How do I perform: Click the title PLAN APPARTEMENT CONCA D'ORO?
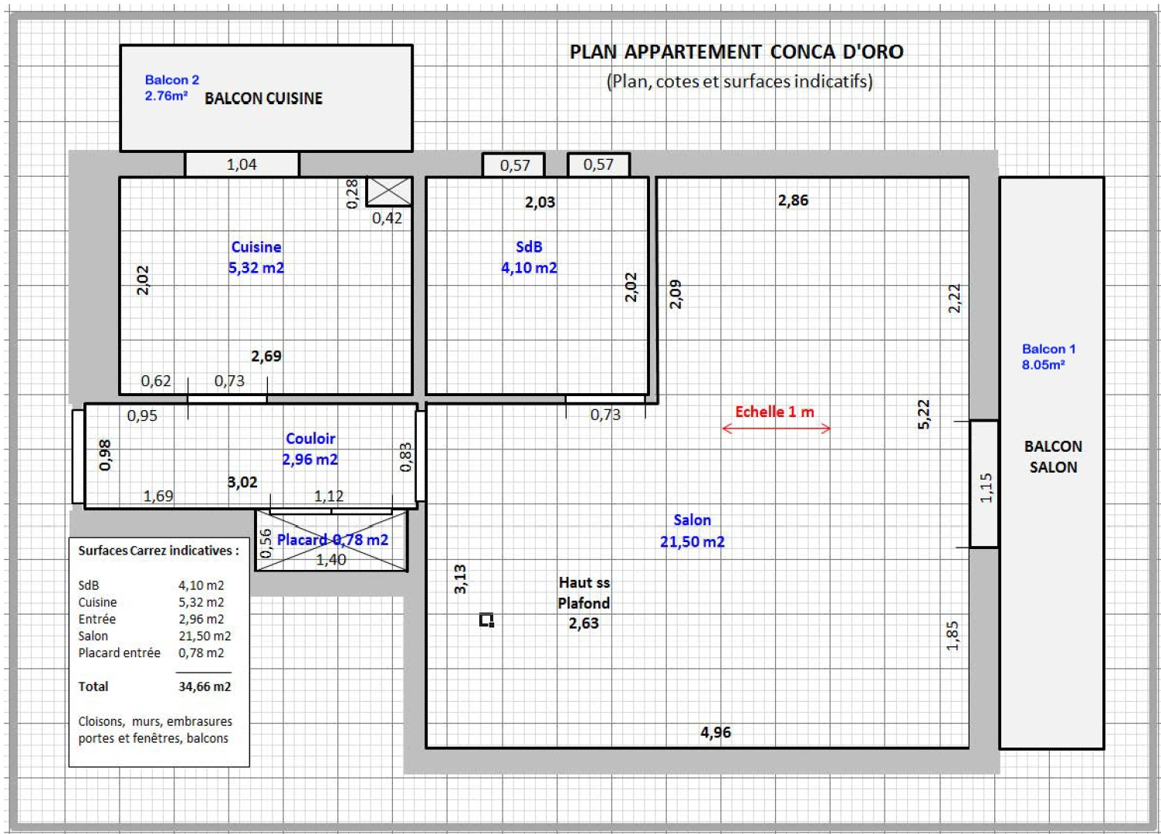[736, 52]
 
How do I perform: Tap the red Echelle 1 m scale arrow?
[776, 428]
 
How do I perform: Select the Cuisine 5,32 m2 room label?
[256, 257]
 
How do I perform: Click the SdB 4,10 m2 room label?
[529, 257]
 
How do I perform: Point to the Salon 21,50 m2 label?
[692, 531]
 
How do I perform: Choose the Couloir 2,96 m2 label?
[310, 449]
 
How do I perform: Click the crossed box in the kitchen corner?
[389, 192]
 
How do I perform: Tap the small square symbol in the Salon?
[486, 620]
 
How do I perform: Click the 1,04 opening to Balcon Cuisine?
[242, 164]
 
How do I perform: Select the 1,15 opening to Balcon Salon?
[984, 484]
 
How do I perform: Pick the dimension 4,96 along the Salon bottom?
[716, 732]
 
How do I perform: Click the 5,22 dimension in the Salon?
[923, 414]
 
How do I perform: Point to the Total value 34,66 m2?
[205, 687]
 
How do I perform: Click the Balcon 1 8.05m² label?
[1048, 357]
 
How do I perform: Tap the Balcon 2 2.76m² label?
[171, 87]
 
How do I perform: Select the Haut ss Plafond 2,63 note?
[584, 603]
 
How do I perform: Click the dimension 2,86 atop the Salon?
[793, 200]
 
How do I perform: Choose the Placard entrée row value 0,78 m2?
[201, 653]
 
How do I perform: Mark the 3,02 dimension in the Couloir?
[242, 482]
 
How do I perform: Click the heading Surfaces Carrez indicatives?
[158, 551]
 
